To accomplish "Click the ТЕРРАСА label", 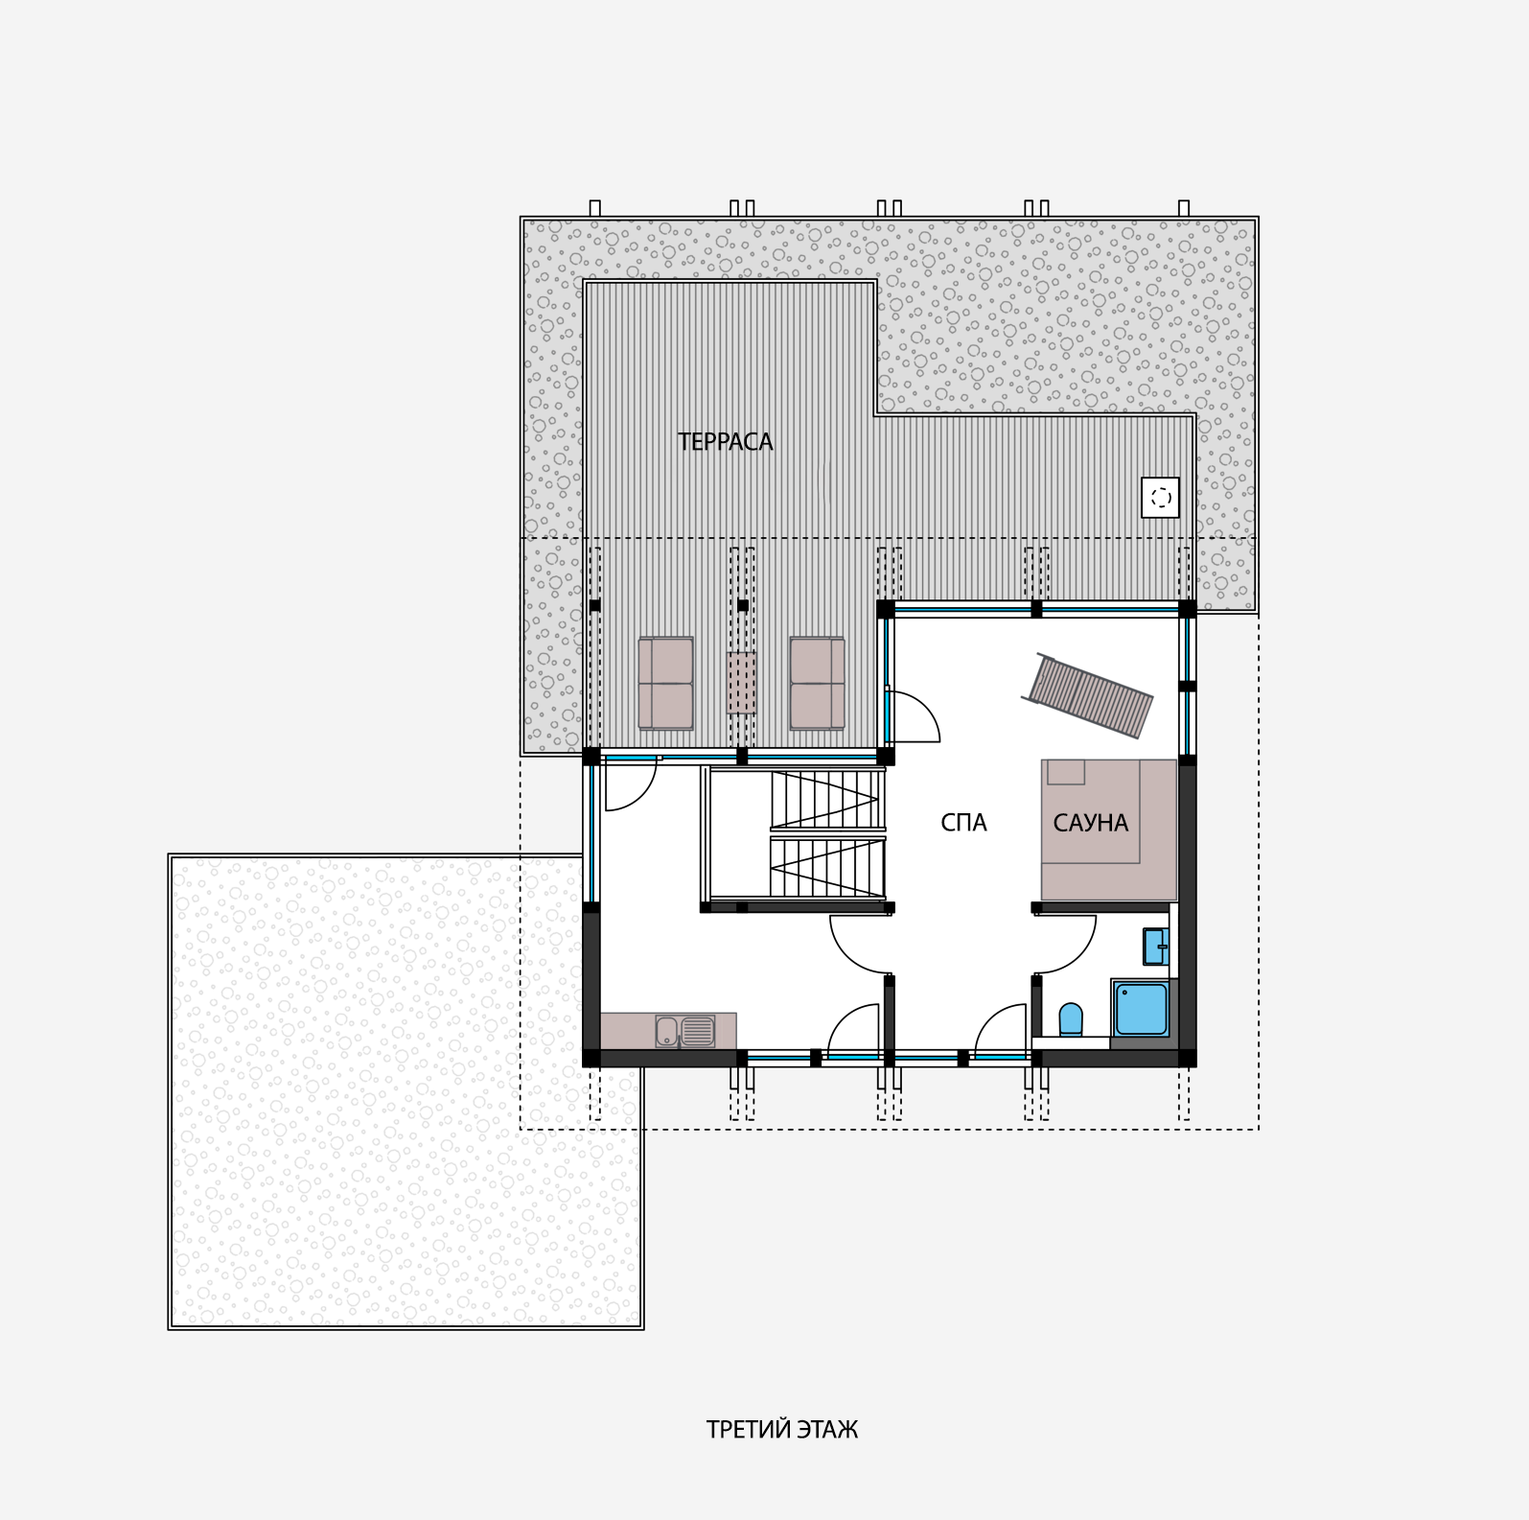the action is pos(725,441).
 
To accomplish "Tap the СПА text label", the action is pos(963,823).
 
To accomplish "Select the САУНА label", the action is pos(1090,823).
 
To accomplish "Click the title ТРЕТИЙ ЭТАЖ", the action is pos(782,1429).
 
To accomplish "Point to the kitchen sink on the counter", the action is pos(685,1031).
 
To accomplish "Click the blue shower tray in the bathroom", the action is pos(1141,1009).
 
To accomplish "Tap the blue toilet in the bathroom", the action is pos(1071,1020).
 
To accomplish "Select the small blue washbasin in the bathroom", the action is pos(1155,946).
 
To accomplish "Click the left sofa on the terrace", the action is pos(665,683).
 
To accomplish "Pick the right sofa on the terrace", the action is pos(818,683).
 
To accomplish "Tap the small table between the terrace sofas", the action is pos(741,683).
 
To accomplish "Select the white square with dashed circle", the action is pos(1161,498).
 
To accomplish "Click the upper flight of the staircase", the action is pos(827,799).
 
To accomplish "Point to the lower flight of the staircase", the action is pos(827,867).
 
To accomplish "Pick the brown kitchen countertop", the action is pos(668,1031).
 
